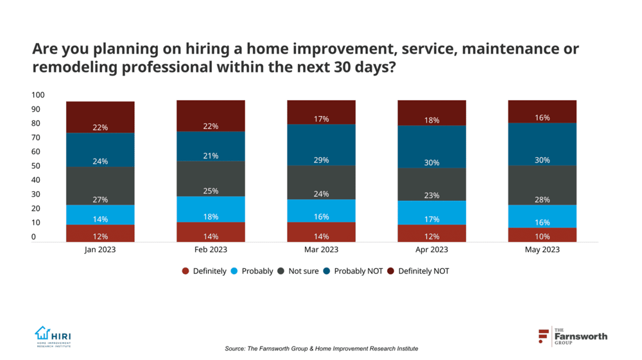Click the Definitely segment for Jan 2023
coord(100,233)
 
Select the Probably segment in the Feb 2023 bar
coord(211,209)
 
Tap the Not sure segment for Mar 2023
coord(321,182)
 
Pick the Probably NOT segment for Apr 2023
coord(431,146)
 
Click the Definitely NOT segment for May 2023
coord(542,111)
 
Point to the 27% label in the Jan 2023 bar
coord(100,200)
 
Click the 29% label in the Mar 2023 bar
coord(321,160)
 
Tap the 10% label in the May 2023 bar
coord(542,237)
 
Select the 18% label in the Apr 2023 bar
coord(431,120)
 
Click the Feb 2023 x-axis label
coord(211,250)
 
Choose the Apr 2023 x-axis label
coord(431,250)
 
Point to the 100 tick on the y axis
coord(38,95)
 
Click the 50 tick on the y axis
coord(38,166)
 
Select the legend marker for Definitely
coord(186,271)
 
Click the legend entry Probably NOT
coord(356,271)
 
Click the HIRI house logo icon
coord(42,333)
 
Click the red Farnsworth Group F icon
coord(544,336)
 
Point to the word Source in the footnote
coord(235,348)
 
